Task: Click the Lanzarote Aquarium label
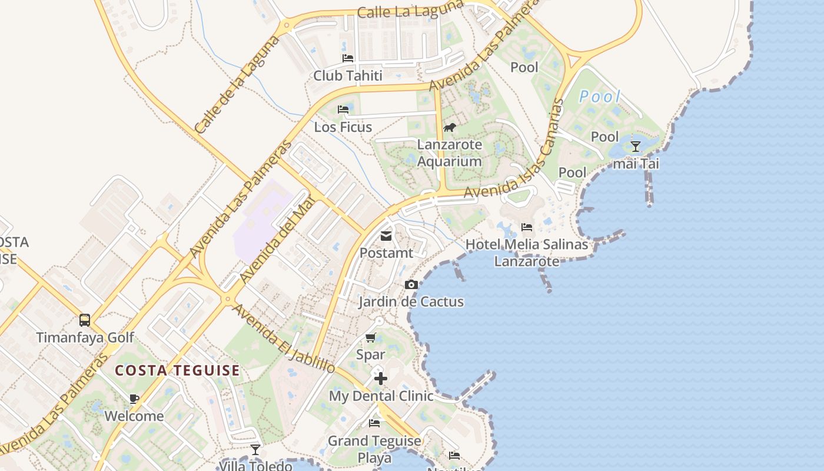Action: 450,153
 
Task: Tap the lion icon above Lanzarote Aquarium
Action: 450,128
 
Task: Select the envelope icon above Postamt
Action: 386,236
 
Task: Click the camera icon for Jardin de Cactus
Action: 411,285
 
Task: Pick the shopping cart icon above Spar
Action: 370,337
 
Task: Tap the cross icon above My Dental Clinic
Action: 381,378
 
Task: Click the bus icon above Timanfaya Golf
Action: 85,320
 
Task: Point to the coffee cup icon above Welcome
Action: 134,399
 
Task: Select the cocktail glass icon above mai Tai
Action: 636,147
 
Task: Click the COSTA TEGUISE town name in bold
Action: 177,370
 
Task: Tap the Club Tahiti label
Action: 348,75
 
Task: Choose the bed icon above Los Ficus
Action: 343,110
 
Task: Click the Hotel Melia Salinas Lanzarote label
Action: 527,253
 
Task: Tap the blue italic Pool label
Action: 600,97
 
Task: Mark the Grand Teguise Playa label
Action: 375,449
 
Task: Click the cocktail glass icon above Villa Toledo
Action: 255,450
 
